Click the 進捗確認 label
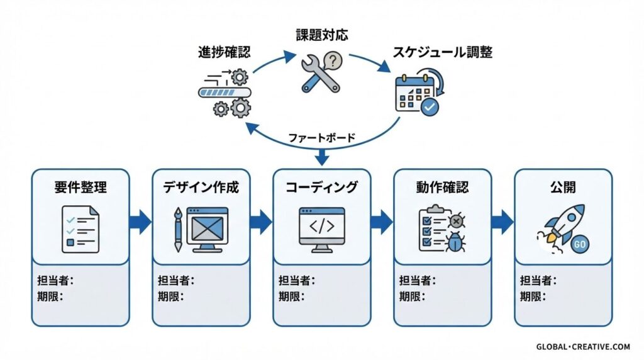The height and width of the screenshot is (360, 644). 225,52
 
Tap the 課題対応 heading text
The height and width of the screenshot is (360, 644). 322,35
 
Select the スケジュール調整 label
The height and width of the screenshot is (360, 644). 442,52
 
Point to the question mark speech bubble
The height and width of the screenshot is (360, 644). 333,60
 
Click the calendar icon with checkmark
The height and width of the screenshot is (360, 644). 418,93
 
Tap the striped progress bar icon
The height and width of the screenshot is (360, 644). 225,92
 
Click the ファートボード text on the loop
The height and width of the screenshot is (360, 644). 321,137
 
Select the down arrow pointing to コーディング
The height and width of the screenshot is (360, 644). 321,157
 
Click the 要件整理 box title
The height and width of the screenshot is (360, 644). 80,187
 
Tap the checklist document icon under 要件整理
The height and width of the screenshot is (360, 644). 80,229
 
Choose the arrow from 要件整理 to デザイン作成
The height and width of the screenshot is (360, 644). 140,222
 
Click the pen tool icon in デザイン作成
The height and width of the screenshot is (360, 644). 178,229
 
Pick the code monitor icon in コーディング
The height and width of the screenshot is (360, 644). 321,229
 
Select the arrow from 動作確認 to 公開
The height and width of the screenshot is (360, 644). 502,222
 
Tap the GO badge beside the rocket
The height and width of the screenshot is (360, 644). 579,245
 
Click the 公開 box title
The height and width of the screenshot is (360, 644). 563,187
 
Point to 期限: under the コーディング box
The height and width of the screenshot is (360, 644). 292,296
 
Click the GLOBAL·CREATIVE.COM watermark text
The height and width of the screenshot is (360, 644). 583,347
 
